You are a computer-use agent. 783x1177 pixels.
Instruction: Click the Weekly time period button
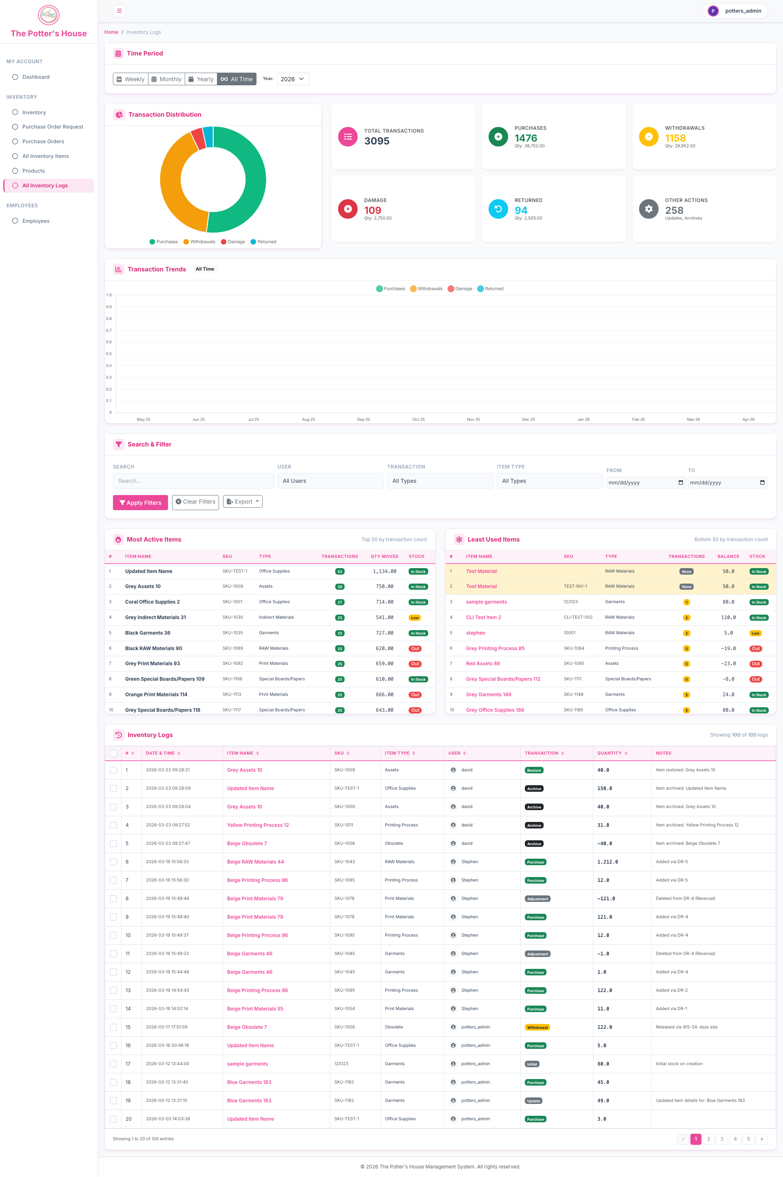tap(130, 79)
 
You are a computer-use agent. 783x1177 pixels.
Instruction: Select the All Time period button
tap(237, 79)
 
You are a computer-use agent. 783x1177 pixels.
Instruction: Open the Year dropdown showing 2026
tap(293, 79)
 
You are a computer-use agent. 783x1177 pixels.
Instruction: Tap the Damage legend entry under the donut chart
tap(233, 242)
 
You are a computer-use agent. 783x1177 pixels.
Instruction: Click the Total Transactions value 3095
tap(377, 141)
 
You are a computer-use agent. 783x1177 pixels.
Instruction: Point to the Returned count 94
tap(521, 210)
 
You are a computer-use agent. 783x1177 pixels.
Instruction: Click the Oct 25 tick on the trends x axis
tap(418, 420)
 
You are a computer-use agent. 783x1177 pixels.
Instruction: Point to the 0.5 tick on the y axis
tap(109, 354)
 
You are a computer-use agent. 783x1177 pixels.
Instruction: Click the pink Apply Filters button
tap(140, 502)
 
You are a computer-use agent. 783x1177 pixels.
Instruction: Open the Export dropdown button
tap(243, 502)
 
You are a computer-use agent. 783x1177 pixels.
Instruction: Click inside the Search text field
tap(193, 481)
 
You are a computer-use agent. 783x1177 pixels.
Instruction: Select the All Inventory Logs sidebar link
tap(49, 185)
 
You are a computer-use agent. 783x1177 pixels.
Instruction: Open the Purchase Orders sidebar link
tap(43, 141)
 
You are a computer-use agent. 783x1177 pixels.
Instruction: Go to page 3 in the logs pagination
tap(721, 1139)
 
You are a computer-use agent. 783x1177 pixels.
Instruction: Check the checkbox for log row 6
tap(113, 862)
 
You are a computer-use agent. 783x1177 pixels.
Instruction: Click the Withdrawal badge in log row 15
tap(537, 1028)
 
